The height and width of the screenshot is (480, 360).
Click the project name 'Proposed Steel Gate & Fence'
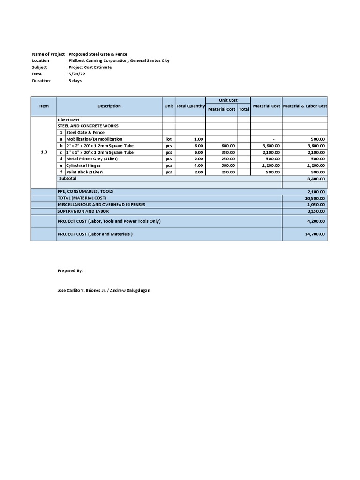pyautogui.click(x=97, y=54)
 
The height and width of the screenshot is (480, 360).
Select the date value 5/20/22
pyautogui.click(x=75, y=74)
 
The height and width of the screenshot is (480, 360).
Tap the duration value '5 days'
pyautogui.click(x=75, y=81)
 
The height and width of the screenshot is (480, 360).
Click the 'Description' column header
pyautogui.click(x=109, y=106)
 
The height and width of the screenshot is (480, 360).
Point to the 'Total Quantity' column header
pyautogui.click(x=190, y=106)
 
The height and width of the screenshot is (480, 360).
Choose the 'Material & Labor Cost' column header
pyautogui.click(x=305, y=106)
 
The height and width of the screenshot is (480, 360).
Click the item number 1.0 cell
pyautogui.click(x=44, y=152)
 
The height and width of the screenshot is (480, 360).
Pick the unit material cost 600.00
pyautogui.click(x=228, y=146)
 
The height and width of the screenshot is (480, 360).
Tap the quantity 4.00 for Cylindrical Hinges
pyautogui.click(x=198, y=165)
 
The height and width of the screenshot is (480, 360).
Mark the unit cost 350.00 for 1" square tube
pyautogui.click(x=228, y=152)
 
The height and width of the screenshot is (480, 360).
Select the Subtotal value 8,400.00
pyautogui.click(x=317, y=179)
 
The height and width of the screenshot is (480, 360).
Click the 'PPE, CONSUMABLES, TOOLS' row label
pyautogui.click(x=85, y=191)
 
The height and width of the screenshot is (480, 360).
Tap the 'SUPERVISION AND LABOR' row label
pyautogui.click(x=82, y=211)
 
